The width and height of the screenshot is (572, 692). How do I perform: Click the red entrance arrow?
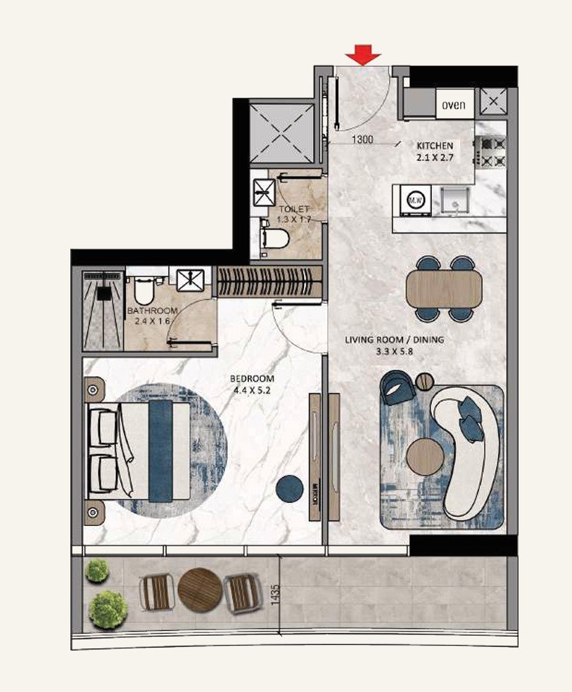[362, 54]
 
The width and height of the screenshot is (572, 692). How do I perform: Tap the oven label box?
[453, 105]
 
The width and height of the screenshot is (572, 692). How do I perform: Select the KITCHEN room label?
[435, 145]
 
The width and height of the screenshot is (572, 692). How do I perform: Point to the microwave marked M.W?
[414, 200]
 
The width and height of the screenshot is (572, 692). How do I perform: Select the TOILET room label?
[293, 210]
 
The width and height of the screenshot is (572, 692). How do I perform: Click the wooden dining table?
[444, 289]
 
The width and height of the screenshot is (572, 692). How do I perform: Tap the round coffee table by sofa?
[426, 456]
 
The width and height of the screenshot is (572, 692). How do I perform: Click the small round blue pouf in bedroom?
[288, 489]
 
